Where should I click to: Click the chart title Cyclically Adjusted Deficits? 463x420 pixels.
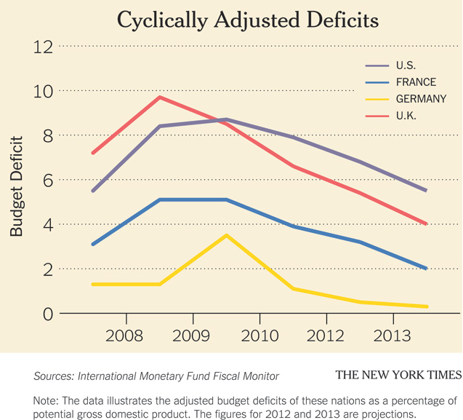tap(247, 20)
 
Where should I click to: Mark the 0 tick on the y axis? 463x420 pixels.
tap(48, 314)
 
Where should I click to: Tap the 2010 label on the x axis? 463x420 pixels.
tap(259, 336)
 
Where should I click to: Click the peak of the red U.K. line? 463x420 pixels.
tap(160, 97)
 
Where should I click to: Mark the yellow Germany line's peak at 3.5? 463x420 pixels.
tap(227, 235)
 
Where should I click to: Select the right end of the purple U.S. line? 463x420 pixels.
tap(426, 191)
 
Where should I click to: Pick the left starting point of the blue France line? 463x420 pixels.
tap(93, 245)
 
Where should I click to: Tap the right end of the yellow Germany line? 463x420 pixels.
tap(426, 306)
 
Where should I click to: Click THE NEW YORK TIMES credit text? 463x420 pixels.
tap(398, 375)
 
